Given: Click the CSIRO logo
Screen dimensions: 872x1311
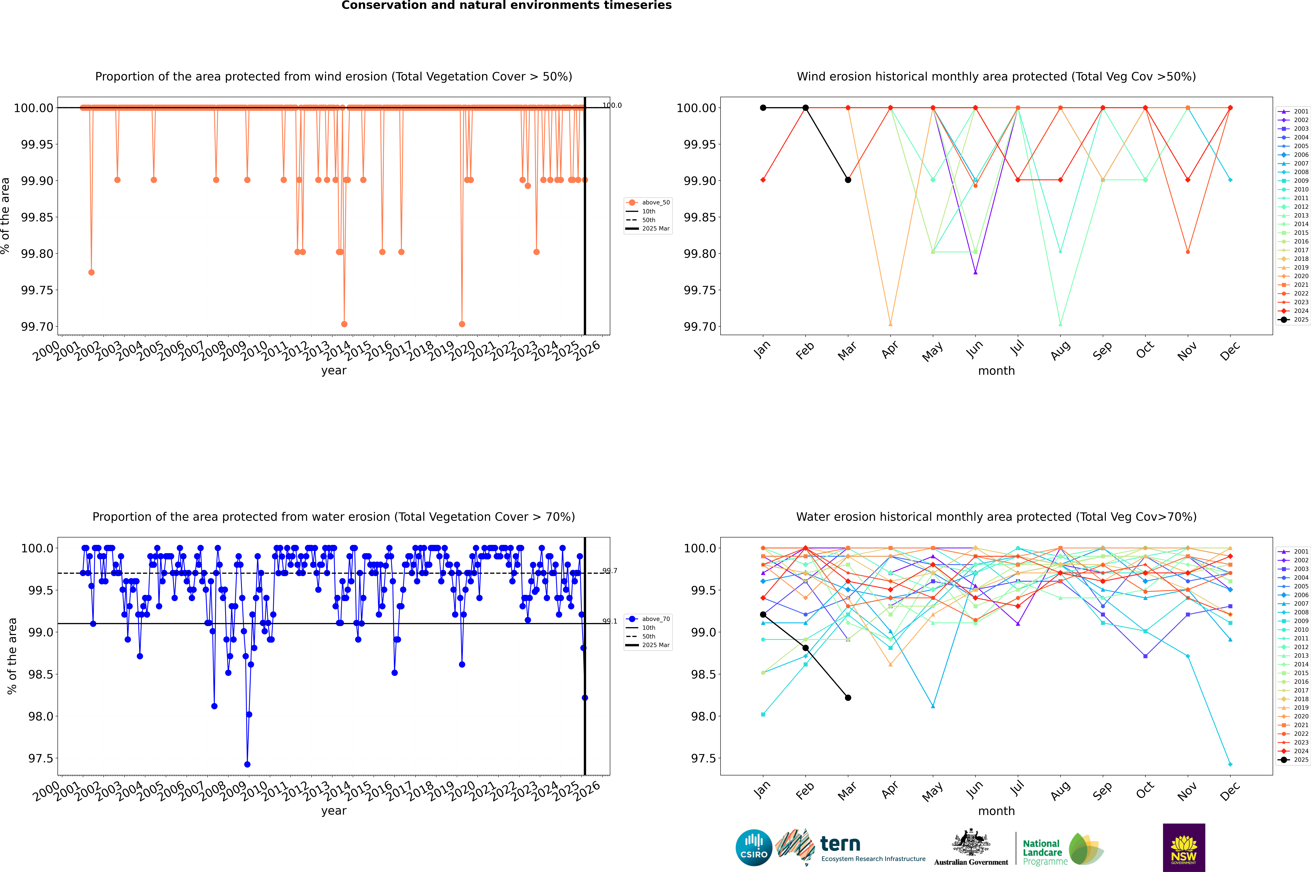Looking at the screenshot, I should (x=754, y=848).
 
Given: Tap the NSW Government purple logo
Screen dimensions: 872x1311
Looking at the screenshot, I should (x=1184, y=848).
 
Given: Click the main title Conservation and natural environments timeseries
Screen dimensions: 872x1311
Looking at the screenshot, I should (x=506, y=6).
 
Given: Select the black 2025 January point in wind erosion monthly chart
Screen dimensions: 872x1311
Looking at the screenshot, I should (x=763, y=108).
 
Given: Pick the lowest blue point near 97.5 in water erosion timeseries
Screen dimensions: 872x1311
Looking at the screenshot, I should (x=247, y=764).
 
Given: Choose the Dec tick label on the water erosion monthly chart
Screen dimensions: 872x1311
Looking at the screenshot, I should (x=1230, y=791).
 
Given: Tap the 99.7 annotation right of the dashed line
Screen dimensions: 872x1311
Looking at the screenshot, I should (x=610, y=571).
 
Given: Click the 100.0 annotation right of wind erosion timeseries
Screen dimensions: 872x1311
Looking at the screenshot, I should (x=612, y=105).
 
